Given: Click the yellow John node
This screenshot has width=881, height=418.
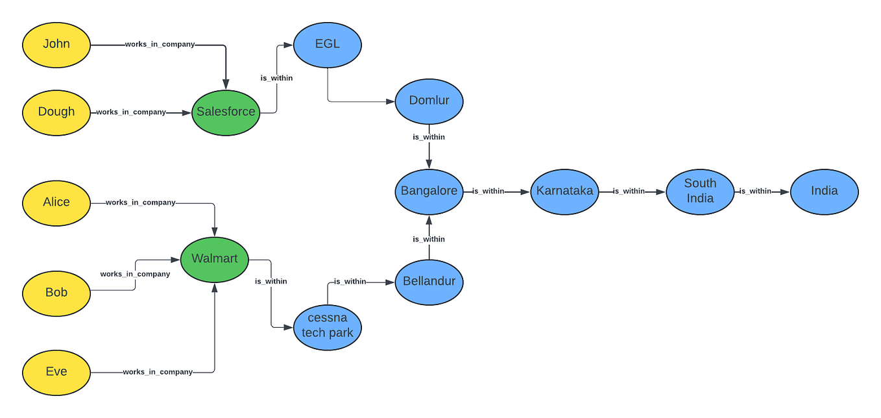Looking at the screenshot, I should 56,45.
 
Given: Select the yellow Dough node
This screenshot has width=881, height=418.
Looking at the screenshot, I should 56,112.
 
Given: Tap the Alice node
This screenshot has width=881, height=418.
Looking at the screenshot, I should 56,203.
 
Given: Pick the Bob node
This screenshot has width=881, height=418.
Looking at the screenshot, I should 56,293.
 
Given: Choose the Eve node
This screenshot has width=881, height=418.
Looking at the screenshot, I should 56,372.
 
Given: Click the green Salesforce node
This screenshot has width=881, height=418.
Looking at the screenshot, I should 226,112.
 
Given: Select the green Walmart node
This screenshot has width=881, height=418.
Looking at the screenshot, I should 215,259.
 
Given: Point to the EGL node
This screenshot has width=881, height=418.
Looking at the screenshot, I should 328,45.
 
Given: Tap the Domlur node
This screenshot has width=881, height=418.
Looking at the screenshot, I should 429,101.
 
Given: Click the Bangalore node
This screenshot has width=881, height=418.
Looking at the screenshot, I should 429,191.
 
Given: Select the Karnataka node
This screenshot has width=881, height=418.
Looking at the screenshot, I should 564,191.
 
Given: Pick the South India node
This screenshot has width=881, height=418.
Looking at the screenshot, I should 700,191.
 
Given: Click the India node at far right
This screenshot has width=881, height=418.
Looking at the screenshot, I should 824,191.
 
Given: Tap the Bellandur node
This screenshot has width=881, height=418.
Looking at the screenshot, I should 429,282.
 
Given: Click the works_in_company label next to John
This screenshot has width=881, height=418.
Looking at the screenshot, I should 160,45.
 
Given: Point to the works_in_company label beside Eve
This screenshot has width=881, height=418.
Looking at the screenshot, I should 158,372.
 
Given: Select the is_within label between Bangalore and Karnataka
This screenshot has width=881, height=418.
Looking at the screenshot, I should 488,191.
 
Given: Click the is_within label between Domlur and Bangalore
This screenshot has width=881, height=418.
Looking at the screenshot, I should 429,137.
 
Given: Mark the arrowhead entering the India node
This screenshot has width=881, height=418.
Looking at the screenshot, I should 786,192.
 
